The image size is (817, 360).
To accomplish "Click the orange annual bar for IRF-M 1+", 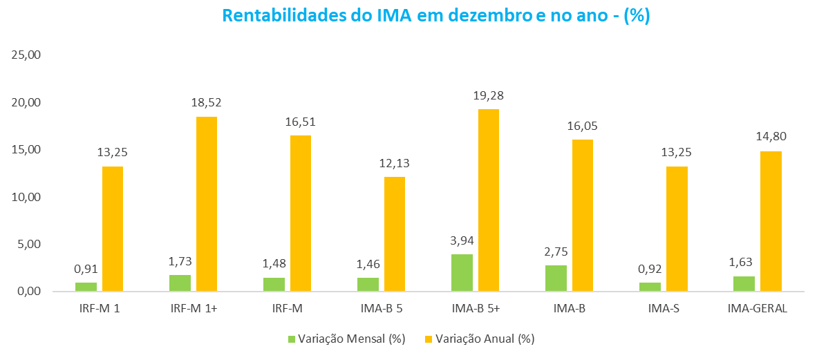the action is coord(207,204).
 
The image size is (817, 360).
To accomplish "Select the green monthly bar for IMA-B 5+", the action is coord(462,272).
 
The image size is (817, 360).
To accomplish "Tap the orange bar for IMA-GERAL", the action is coord(771,221).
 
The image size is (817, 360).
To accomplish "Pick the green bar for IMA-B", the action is coord(556,278).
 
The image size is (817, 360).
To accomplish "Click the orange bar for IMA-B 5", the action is coord(395,234).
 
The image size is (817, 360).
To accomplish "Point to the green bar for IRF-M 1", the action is coord(86,287).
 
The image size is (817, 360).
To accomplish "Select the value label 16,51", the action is coord(301,122).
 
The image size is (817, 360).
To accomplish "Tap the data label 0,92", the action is coord(650,269).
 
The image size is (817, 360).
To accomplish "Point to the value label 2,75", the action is coord(556,252).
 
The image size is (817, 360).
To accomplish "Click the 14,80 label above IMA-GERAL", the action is coord(771,137).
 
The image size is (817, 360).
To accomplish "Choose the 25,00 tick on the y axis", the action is coord(26,55).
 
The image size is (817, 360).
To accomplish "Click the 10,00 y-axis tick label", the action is coord(26,197).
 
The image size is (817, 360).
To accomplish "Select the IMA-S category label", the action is coord(664,308).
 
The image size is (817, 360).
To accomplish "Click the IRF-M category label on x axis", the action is coord(287,308).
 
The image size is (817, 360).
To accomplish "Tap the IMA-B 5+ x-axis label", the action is coord(475,308).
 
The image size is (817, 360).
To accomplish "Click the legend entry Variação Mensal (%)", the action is coord(346,339).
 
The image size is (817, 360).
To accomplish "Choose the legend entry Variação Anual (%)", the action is coord(480,339).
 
